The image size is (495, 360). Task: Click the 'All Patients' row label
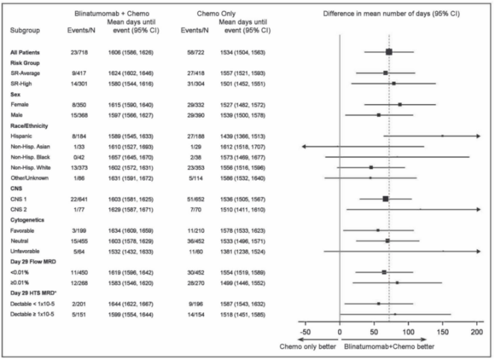tap(25, 52)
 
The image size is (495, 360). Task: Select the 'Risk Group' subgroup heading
tap(25, 63)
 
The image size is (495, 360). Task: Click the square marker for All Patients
tap(389, 52)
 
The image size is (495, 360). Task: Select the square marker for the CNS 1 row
tap(385, 198)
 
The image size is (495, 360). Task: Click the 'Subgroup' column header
tap(25, 30)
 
